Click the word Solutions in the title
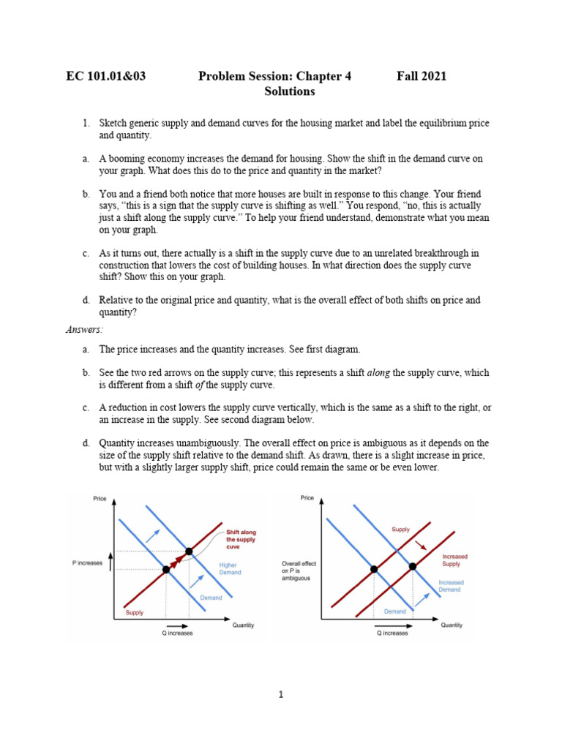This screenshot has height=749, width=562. [x=289, y=91]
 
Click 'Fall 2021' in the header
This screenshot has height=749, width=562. [x=421, y=76]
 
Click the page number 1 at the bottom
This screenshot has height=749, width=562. [x=280, y=695]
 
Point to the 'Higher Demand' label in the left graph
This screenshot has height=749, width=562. [x=228, y=568]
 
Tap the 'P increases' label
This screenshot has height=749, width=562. [x=87, y=562]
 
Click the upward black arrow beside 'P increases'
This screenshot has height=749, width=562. [x=110, y=561]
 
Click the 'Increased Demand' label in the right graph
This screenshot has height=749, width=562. [x=451, y=587]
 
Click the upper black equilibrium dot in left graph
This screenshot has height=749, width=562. [x=189, y=551]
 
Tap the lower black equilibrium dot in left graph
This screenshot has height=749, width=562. [x=166, y=569]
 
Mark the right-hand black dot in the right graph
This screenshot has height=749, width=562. [x=413, y=566]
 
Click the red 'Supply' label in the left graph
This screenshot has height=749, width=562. [x=135, y=612]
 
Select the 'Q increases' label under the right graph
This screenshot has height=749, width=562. [x=393, y=633]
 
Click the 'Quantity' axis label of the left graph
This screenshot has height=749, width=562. [x=243, y=625]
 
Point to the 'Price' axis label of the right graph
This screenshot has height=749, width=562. [x=307, y=498]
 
